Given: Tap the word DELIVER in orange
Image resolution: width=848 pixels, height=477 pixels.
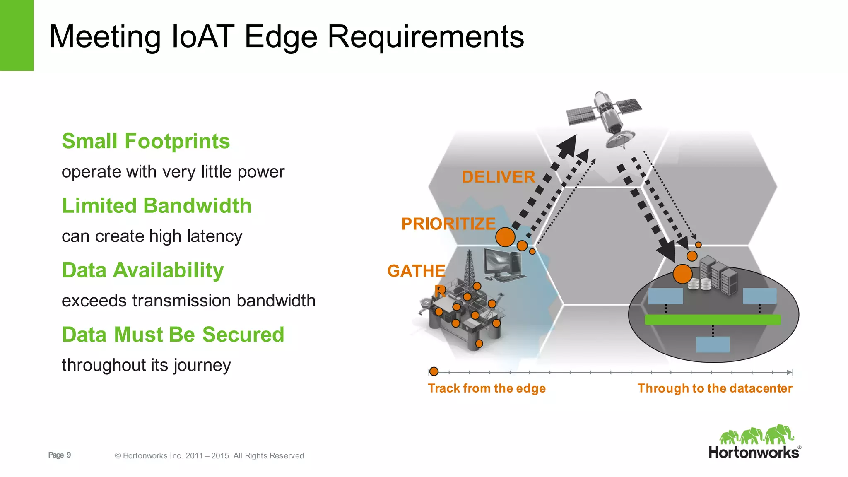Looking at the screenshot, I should tap(498, 177).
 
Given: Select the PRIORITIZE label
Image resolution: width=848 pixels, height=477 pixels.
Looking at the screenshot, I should tap(448, 224).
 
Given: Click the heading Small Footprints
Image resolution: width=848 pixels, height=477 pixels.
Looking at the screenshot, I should tap(146, 141).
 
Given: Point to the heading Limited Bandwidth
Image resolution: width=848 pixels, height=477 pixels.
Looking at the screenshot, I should tap(157, 206).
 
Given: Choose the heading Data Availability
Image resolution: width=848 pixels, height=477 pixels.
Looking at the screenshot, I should tap(143, 270).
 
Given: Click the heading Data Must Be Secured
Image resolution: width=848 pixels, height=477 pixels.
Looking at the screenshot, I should tap(173, 335).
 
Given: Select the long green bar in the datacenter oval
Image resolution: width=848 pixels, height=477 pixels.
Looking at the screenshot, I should tap(712, 320).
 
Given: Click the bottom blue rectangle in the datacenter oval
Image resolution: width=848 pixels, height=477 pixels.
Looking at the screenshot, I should tap(712, 344).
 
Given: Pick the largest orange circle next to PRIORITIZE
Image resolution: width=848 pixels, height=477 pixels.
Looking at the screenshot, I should tap(505, 237).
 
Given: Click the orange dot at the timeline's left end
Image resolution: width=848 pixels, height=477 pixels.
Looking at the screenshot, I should tap(434, 371).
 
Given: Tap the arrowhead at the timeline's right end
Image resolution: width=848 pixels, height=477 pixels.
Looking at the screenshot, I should tap(790, 372).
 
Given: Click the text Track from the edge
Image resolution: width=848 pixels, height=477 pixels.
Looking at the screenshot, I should tap(487, 388).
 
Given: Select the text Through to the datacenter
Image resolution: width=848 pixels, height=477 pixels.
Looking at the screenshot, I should tap(715, 388).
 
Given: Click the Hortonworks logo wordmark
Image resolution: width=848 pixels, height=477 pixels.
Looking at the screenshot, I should tap(754, 452).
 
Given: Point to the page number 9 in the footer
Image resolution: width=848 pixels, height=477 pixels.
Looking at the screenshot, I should tap(69, 455).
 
